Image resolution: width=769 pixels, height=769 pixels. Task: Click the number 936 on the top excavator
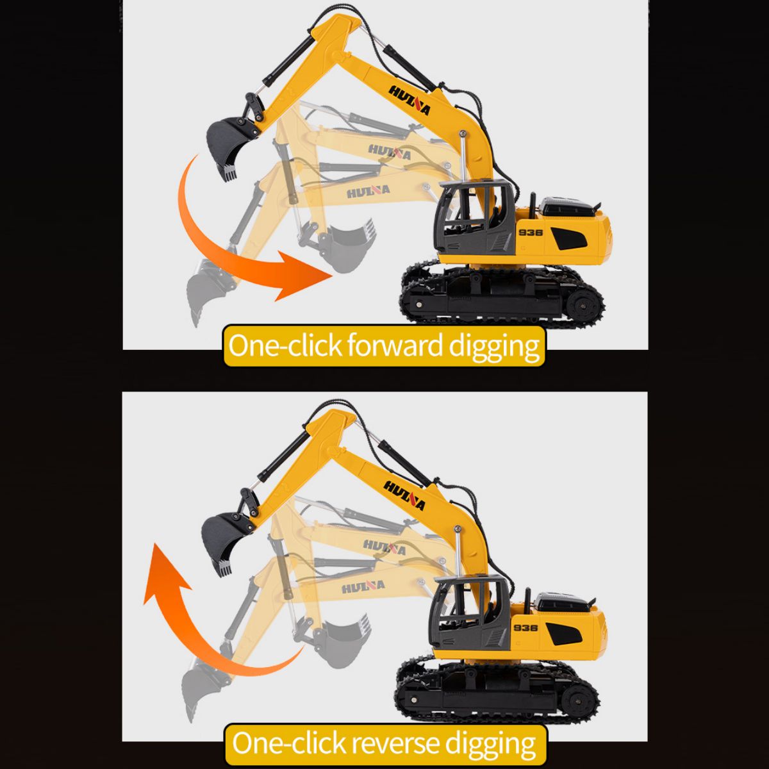click(x=531, y=232)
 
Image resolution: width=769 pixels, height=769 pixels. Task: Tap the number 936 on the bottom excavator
click(x=525, y=628)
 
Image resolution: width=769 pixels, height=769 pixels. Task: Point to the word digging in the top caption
click(x=494, y=347)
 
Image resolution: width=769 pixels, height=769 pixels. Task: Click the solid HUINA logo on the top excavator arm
click(x=409, y=100)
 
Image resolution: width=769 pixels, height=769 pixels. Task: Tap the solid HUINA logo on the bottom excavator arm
click(x=404, y=495)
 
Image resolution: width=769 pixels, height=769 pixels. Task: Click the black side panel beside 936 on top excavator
click(x=569, y=238)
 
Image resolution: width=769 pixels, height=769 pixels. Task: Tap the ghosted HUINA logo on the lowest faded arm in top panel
click(x=368, y=192)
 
